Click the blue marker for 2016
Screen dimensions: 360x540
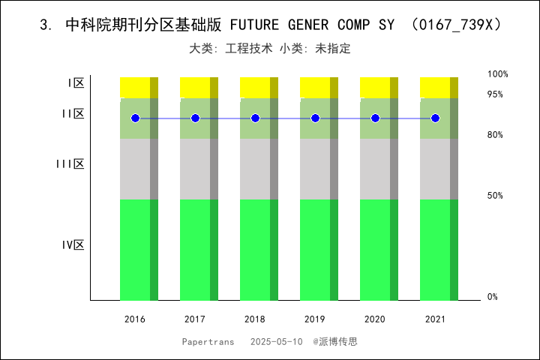[x=135, y=118]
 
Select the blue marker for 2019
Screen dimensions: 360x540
[x=315, y=118]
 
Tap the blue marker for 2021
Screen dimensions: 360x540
[x=435, y=118]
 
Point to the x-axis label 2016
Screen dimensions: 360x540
[x=135, y=319]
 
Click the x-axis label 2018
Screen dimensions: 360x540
[x=255, y=319]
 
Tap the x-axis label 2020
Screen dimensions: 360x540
[x=375, y=319]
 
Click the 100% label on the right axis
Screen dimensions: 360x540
[x=498, y=74]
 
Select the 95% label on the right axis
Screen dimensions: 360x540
[x=495, y=94]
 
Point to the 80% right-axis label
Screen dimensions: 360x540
[x=495, y=135]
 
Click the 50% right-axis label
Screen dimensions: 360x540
[x=495, y=196]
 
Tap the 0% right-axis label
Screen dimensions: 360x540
[x=493, y=297]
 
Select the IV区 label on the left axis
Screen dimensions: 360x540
[x=73, y=245]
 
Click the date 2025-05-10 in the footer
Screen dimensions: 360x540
[x=277, y=341]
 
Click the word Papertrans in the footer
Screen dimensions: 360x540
[x=208, y=341]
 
